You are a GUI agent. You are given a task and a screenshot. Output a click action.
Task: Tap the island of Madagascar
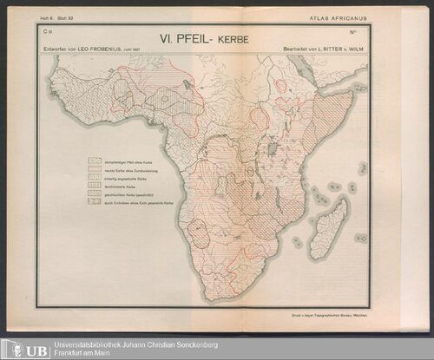(x=330, y=227)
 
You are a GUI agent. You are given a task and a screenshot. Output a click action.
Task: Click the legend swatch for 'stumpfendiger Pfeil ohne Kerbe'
(x=95, y=161)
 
